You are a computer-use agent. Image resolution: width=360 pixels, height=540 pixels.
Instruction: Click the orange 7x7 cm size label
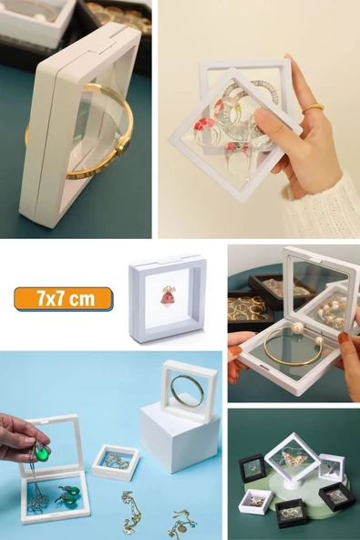[x=63, y=298]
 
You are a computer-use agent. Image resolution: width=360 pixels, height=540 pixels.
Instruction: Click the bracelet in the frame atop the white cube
[x=187, y=390]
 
